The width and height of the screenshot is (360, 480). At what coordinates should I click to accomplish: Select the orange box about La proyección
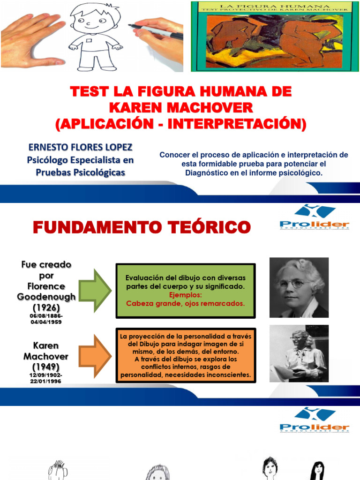tap(185, 355)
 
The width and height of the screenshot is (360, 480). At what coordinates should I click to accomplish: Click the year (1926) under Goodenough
tap(46, 307)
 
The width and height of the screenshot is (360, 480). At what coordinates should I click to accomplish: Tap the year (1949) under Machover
tap(46, 366)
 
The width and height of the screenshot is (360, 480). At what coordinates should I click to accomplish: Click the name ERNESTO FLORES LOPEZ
tap(80, 147)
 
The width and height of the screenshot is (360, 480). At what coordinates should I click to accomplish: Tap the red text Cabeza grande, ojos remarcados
tap(185, 303)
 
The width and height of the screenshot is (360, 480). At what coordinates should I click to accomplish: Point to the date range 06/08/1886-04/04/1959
tap(46, 319)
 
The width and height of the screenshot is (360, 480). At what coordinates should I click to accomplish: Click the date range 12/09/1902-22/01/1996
tap(46, 378)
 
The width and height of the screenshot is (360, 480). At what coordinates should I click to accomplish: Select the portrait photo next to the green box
tap(299, 288)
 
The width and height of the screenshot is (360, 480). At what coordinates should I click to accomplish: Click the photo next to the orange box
tap(299, 353)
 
